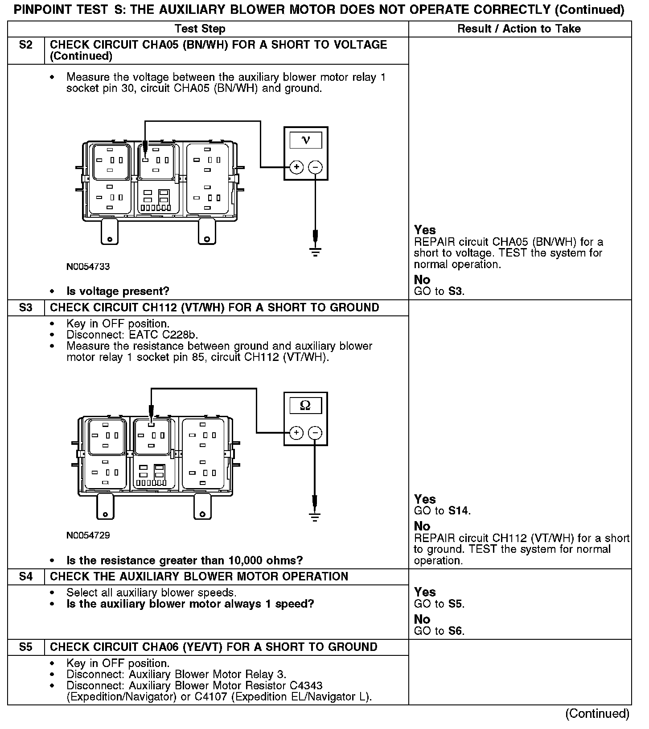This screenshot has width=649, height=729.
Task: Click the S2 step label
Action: [x=26, y=45]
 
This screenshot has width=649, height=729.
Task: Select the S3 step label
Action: [x=26, y=308]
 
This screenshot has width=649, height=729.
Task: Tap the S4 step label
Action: [x=26, y=577]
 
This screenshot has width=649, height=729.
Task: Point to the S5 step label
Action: [x=26, y=647]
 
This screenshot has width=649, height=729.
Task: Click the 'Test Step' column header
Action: [x=200, y=29]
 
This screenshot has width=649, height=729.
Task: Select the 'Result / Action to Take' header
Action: [x=519, y=29]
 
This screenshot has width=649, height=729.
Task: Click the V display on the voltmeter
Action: [x=306, y=141]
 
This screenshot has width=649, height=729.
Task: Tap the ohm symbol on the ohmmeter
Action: [x=305, y=405]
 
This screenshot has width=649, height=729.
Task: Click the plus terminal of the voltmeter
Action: [x=296, y=167]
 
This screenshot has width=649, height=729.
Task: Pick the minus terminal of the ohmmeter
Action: [x=315, y=432]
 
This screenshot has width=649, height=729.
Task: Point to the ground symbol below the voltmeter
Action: [x=316, y=252]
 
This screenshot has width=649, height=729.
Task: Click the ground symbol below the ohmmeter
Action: [x=315, y=517]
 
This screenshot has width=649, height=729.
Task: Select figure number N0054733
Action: [x=88, y=267]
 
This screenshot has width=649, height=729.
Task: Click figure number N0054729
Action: [x=88, y=535]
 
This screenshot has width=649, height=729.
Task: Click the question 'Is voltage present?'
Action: [x=118, y=292]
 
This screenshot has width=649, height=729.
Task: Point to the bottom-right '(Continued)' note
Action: [x=597, y=714]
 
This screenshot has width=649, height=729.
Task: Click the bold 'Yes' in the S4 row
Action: [x=425, y=592]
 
